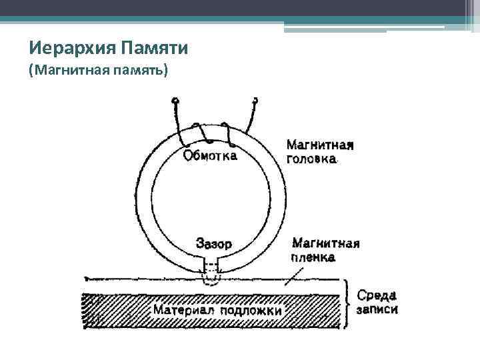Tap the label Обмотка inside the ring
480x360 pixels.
pos(209,156)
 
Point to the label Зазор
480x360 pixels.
pos(214,244)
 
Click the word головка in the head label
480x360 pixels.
pos(312,159)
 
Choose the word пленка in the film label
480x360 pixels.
pos(313,257)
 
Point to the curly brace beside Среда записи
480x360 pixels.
pos(347,303)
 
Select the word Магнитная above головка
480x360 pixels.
pos(319,145)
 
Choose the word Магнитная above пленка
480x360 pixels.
pos(325,243)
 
